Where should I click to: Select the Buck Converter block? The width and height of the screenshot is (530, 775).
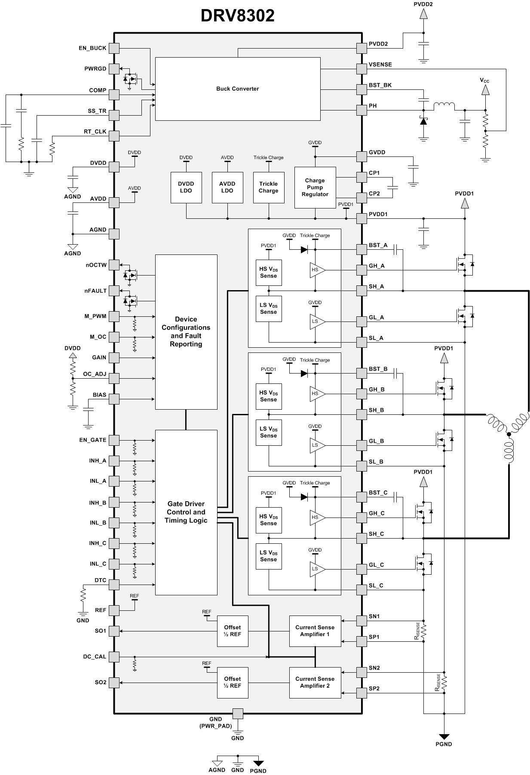click(x=237, y=89)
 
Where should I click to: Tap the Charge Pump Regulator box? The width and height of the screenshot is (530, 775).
click(x=315, y=187)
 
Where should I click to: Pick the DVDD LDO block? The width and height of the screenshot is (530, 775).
click(x=186, y=187)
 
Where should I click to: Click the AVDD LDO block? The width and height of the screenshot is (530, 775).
click(x=227, y=187)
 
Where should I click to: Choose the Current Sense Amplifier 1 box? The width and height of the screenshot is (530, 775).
click(x=315, y=631)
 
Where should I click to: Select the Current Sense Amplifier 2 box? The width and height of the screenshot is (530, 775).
click(x=315, y=682)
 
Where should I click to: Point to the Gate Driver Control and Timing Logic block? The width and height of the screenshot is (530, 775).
click(x=186, y=512)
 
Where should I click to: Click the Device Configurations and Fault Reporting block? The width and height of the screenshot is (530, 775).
click(x=186, y=331)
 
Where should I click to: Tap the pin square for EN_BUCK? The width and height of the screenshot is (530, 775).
click(x=114, y=48)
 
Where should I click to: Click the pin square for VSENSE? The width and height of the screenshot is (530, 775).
click(x=362, y=69)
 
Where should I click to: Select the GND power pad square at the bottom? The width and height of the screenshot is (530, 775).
click(x=237, y=714)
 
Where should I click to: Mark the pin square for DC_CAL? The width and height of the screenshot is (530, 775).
click(x=114, y=657)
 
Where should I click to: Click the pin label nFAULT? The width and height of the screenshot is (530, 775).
click(x=95, y=291)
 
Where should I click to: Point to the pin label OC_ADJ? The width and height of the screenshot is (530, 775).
click(x=95, y=374)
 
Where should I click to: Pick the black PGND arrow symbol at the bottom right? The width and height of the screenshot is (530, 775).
click(x=444, y=737)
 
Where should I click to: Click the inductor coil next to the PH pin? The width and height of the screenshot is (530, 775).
click(x=444, y=106)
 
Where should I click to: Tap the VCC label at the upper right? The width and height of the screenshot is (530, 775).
click(x=484, y=80)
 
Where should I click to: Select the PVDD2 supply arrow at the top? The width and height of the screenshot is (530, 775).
click(x=423, y=14)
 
